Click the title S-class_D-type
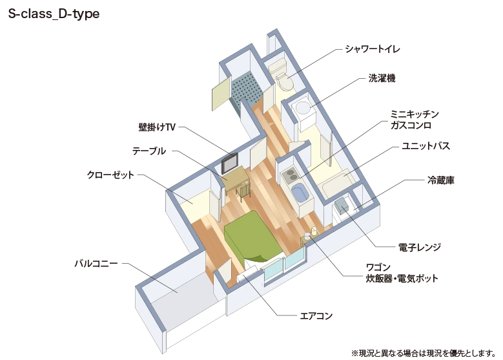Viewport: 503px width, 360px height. (x=54, y=14)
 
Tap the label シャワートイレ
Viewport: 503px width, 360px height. (x=373, y=49)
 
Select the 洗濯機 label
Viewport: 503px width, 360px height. (x=382, y=78)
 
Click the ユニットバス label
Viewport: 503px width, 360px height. (x=426, y=146)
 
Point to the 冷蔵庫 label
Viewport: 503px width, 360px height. (x=441, y=180)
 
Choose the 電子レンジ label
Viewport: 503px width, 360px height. (x=420, y=248)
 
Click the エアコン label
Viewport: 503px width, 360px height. (x=316, y=316)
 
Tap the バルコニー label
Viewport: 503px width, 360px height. (x=96, y=264)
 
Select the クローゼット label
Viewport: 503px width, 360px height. (x=110, y=175)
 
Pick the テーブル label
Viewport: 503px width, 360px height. (x=149, y=151)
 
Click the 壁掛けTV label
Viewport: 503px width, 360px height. (x=157, y=127)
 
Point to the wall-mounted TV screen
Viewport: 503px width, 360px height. (x=230, y=164)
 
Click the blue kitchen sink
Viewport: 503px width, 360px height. (x=300, y=193)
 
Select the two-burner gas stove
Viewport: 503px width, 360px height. (x=291, y=176)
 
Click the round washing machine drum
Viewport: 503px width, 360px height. (x=303, y=107)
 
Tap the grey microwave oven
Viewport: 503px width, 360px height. (x=342, y=206)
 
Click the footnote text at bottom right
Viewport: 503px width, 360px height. (x=424, y=354)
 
